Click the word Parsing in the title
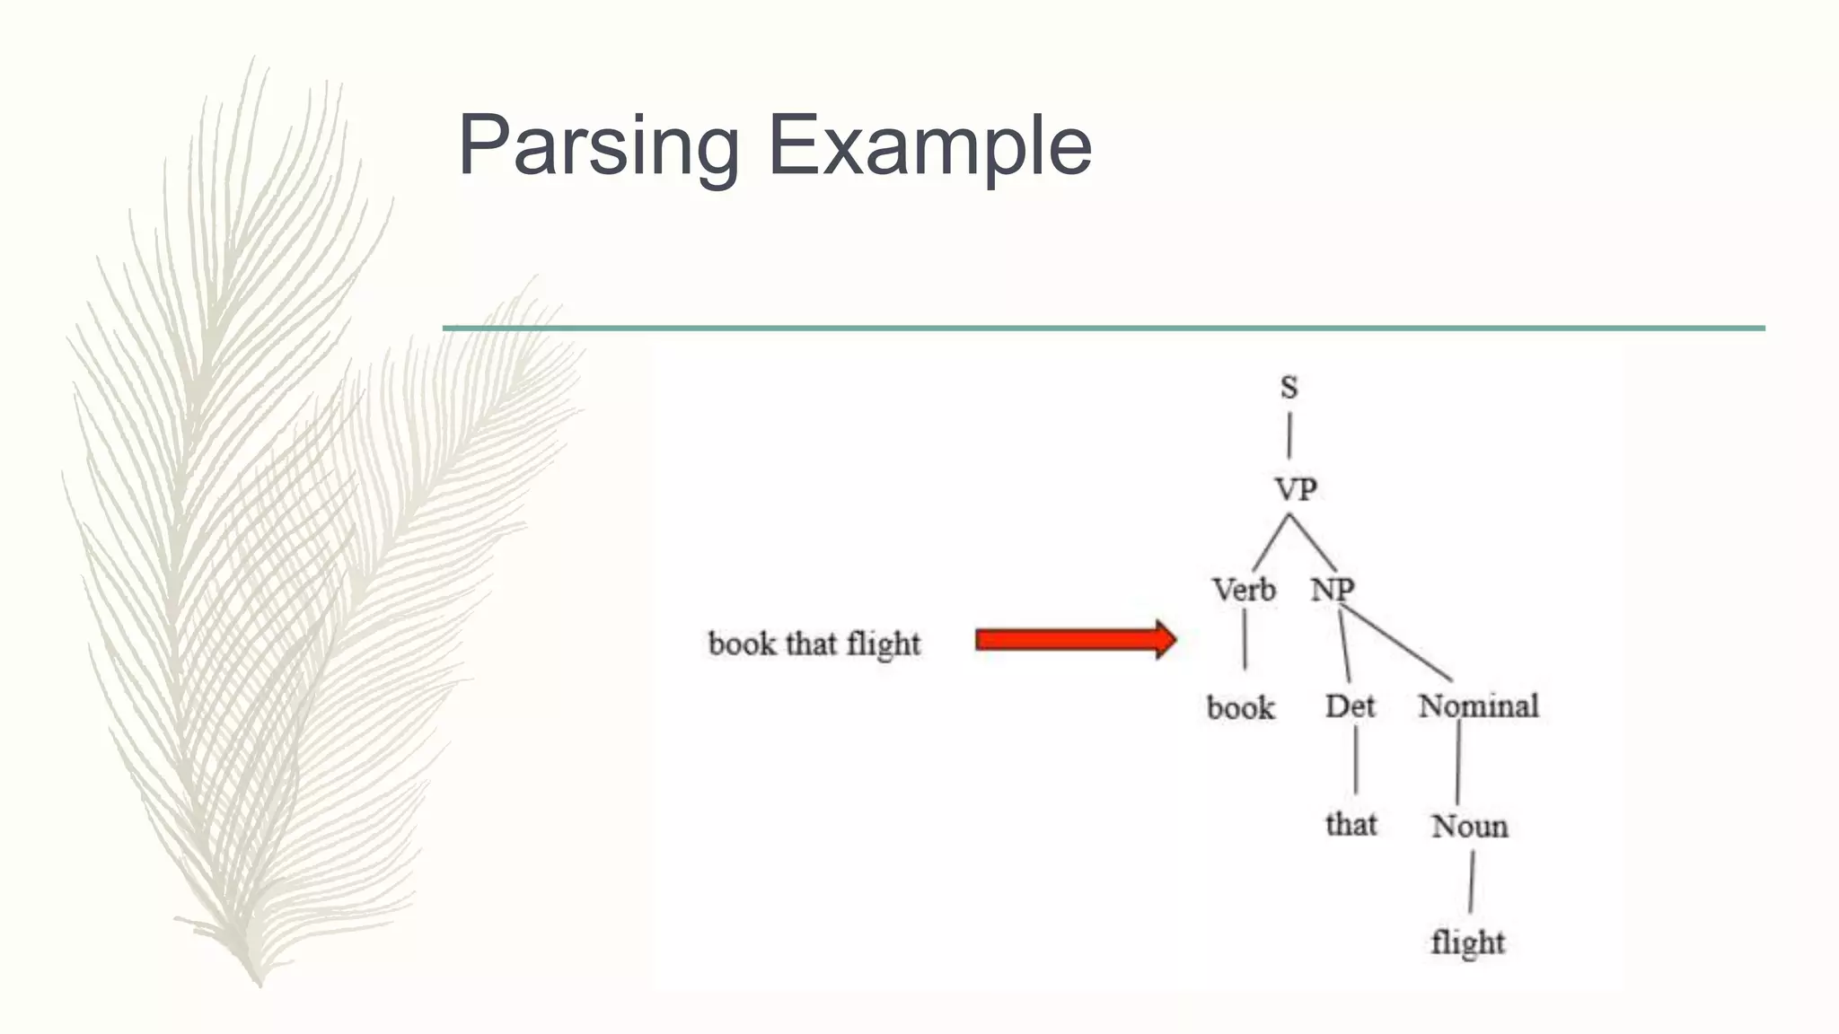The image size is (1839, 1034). [598, 146]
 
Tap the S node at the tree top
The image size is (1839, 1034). [1289, 388]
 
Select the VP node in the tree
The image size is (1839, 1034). [1296, 490]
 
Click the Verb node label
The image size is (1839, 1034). [1244, 591]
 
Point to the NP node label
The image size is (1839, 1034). [1332, 591]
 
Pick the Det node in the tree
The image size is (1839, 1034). [1350, 706]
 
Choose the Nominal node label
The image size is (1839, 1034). [1478, 706]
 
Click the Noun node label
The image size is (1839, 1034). [1469, 826]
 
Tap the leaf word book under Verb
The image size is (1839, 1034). [1240, 708]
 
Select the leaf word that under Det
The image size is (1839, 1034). [1351, 824]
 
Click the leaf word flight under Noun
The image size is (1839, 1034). [1467, 943]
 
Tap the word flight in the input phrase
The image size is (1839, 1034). [884, 644]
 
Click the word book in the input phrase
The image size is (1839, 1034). [742, 644]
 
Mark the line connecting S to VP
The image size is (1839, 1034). [1289, 435]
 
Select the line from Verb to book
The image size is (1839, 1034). [1245, 639]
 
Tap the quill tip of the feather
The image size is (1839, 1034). [258, 980]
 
